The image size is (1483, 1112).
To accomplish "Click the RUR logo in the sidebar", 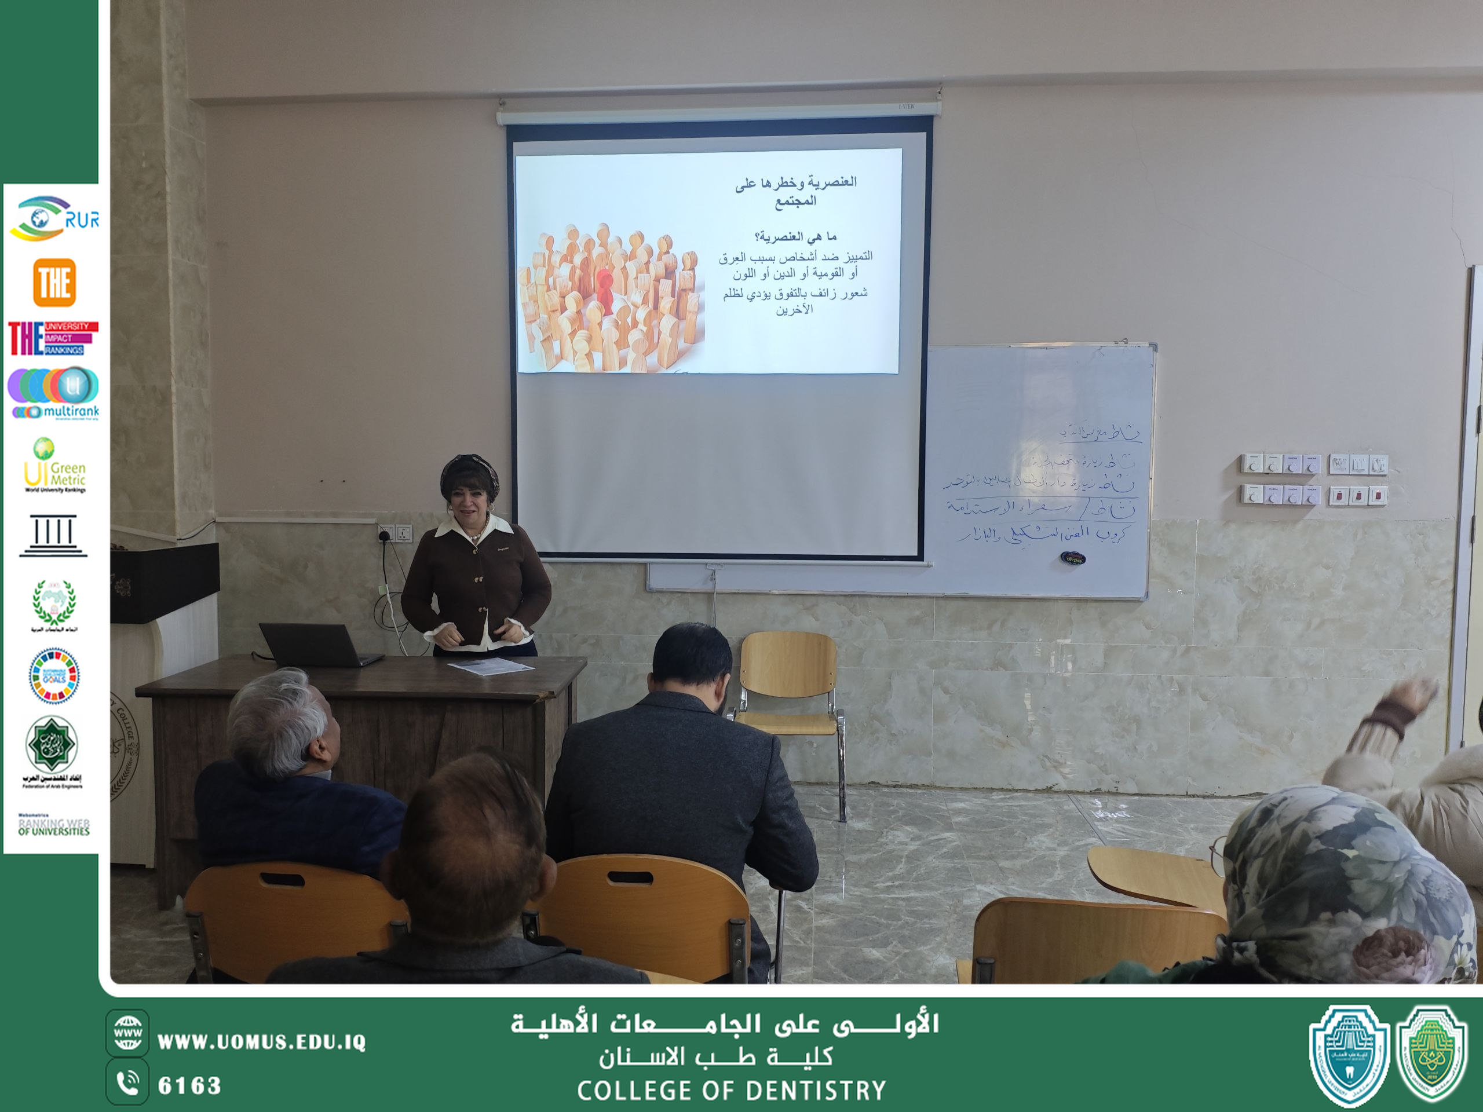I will pos(54,218).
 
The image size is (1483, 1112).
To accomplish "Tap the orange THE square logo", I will pos(54,282).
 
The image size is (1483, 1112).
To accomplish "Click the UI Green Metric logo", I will pos(54,466).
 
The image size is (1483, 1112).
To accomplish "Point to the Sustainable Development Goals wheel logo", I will pos(54,676).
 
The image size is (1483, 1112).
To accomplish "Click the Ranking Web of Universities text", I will pos(54,826).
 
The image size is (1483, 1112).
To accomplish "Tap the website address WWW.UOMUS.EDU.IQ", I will pos(261,1041).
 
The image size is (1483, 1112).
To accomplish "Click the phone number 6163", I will pos(189,1085).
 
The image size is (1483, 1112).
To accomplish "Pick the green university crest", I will pos(1433,1054).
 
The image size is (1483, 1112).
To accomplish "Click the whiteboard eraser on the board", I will pos(1073,558).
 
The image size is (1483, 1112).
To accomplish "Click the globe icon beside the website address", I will pos(127,1033).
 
